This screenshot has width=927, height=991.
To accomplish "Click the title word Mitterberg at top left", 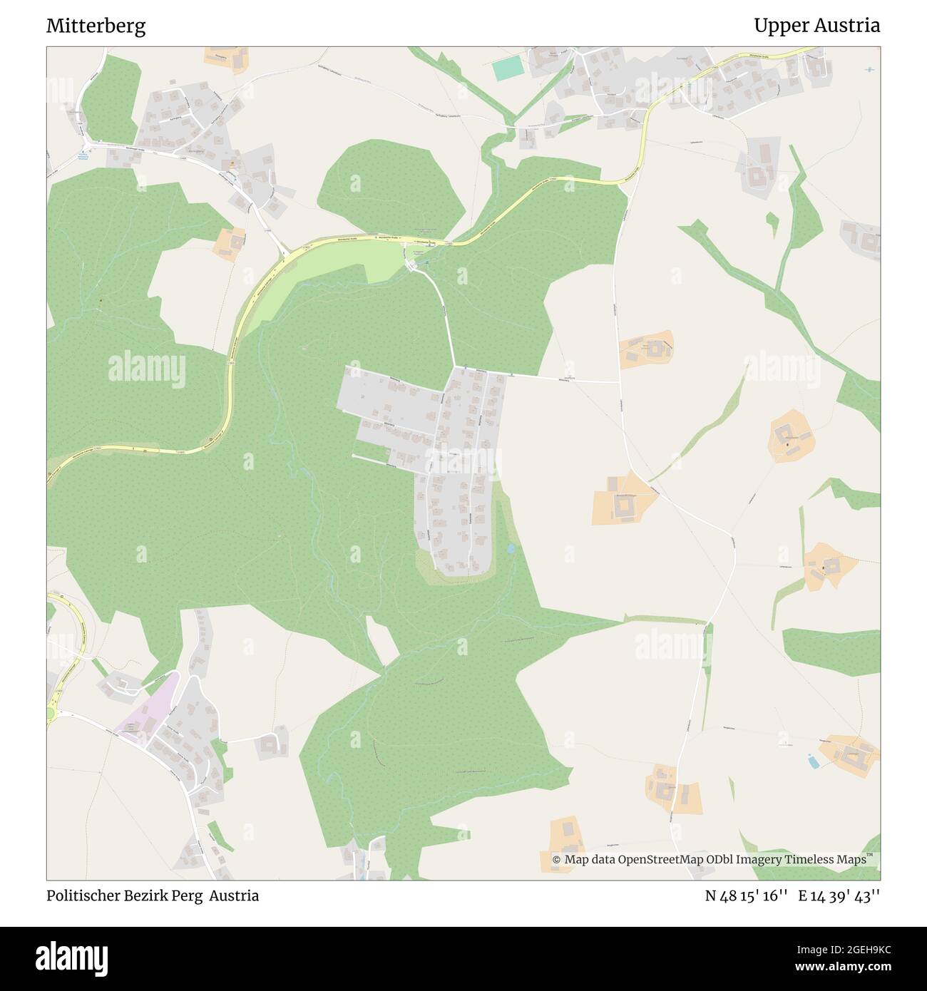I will (x=96, y=26).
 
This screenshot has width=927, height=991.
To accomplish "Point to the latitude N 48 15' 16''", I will (x=746, y=895).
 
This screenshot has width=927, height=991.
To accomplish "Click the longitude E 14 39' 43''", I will (x=839, y=895).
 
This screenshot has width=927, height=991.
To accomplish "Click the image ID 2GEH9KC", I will (x=851, y=950).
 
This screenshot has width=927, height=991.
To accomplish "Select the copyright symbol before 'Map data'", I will (x=556, y=860).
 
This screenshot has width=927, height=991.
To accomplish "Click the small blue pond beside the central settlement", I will (x=511, y=549).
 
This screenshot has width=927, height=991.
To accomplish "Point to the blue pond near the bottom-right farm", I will (x=813, y=761).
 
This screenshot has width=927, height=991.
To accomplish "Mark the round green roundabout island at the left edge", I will (x=51, y=714).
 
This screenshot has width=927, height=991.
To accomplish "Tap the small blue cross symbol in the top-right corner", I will (x=869, y=69).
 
